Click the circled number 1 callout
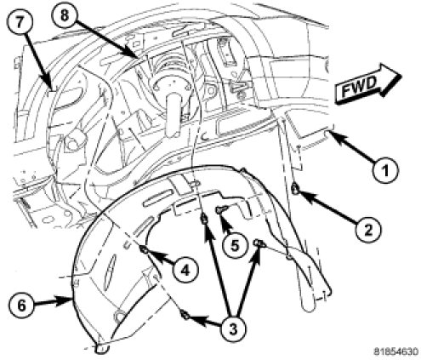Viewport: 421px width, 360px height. click(385, 170)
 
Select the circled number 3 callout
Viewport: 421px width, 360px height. click(233, 328)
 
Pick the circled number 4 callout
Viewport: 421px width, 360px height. click(185, 270)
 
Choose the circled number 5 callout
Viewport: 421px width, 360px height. click(235, 245)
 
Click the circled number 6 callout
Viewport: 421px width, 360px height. click(21, 306)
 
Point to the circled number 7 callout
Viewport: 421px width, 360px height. click(20, 22)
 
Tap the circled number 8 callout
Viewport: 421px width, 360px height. click(65, 14)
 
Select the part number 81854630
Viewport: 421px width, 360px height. click(395, 351)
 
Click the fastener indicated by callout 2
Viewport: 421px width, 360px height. click(295, 188)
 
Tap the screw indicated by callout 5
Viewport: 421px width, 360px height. click(220, 210)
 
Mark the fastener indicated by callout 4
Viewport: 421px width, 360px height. click(144, 249)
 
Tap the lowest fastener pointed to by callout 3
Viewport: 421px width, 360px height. click(185, 315)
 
